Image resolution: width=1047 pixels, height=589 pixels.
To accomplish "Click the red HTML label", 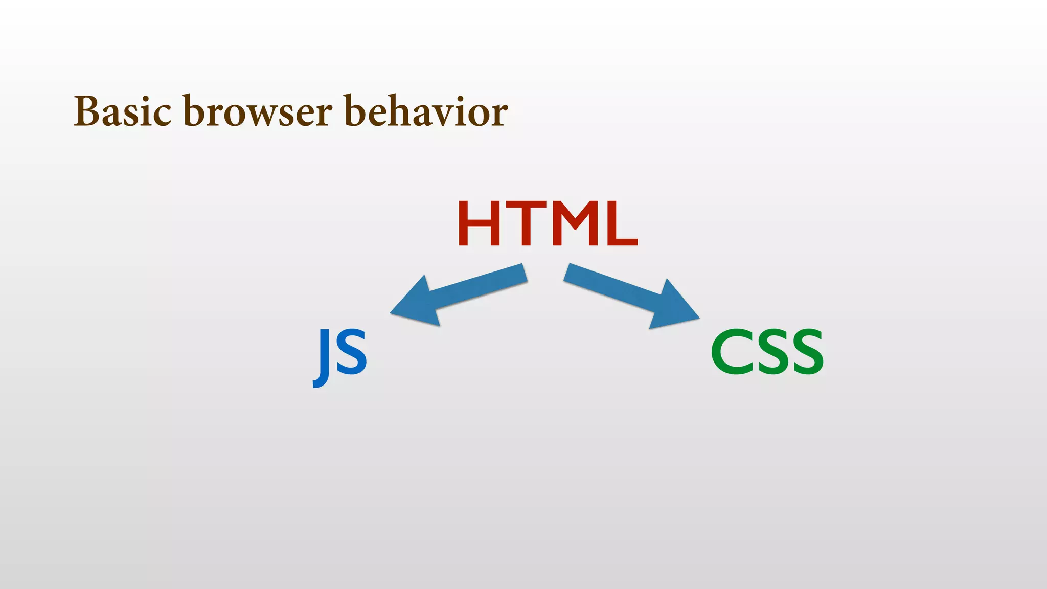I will [548, 224].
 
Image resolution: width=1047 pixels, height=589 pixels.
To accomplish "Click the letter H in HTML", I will [479, 224].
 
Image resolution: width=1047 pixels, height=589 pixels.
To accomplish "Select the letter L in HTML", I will [621, 224].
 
